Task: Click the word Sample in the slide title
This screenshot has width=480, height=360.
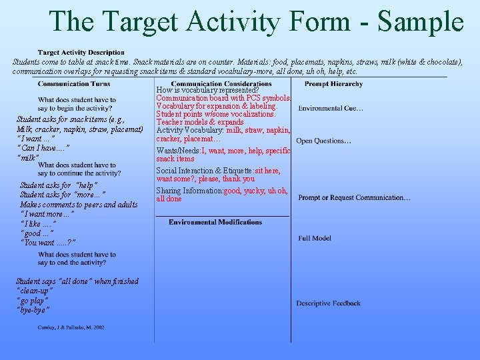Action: (420, 21)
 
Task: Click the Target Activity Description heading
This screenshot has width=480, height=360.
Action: (81, 53)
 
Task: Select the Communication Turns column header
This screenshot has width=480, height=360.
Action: (74, 84)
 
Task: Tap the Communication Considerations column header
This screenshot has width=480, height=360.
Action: (221, 84)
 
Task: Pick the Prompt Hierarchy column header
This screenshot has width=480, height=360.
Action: (333, 84)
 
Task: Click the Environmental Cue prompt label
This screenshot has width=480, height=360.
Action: (331, 109)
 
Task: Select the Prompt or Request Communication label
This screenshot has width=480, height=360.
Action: (354, 198)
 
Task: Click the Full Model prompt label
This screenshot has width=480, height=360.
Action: (315, 238)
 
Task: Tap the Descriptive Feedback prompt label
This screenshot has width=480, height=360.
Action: (329, 303)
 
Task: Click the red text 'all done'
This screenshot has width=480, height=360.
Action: (169, 199)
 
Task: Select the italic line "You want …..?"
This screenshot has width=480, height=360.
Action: (48, 243)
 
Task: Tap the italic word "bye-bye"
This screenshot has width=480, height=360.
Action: (33, 310)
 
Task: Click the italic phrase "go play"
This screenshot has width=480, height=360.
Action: (32, 301)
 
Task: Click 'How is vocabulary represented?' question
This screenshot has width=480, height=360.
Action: (207, 90)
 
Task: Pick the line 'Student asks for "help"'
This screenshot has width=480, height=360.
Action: (59, 185)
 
